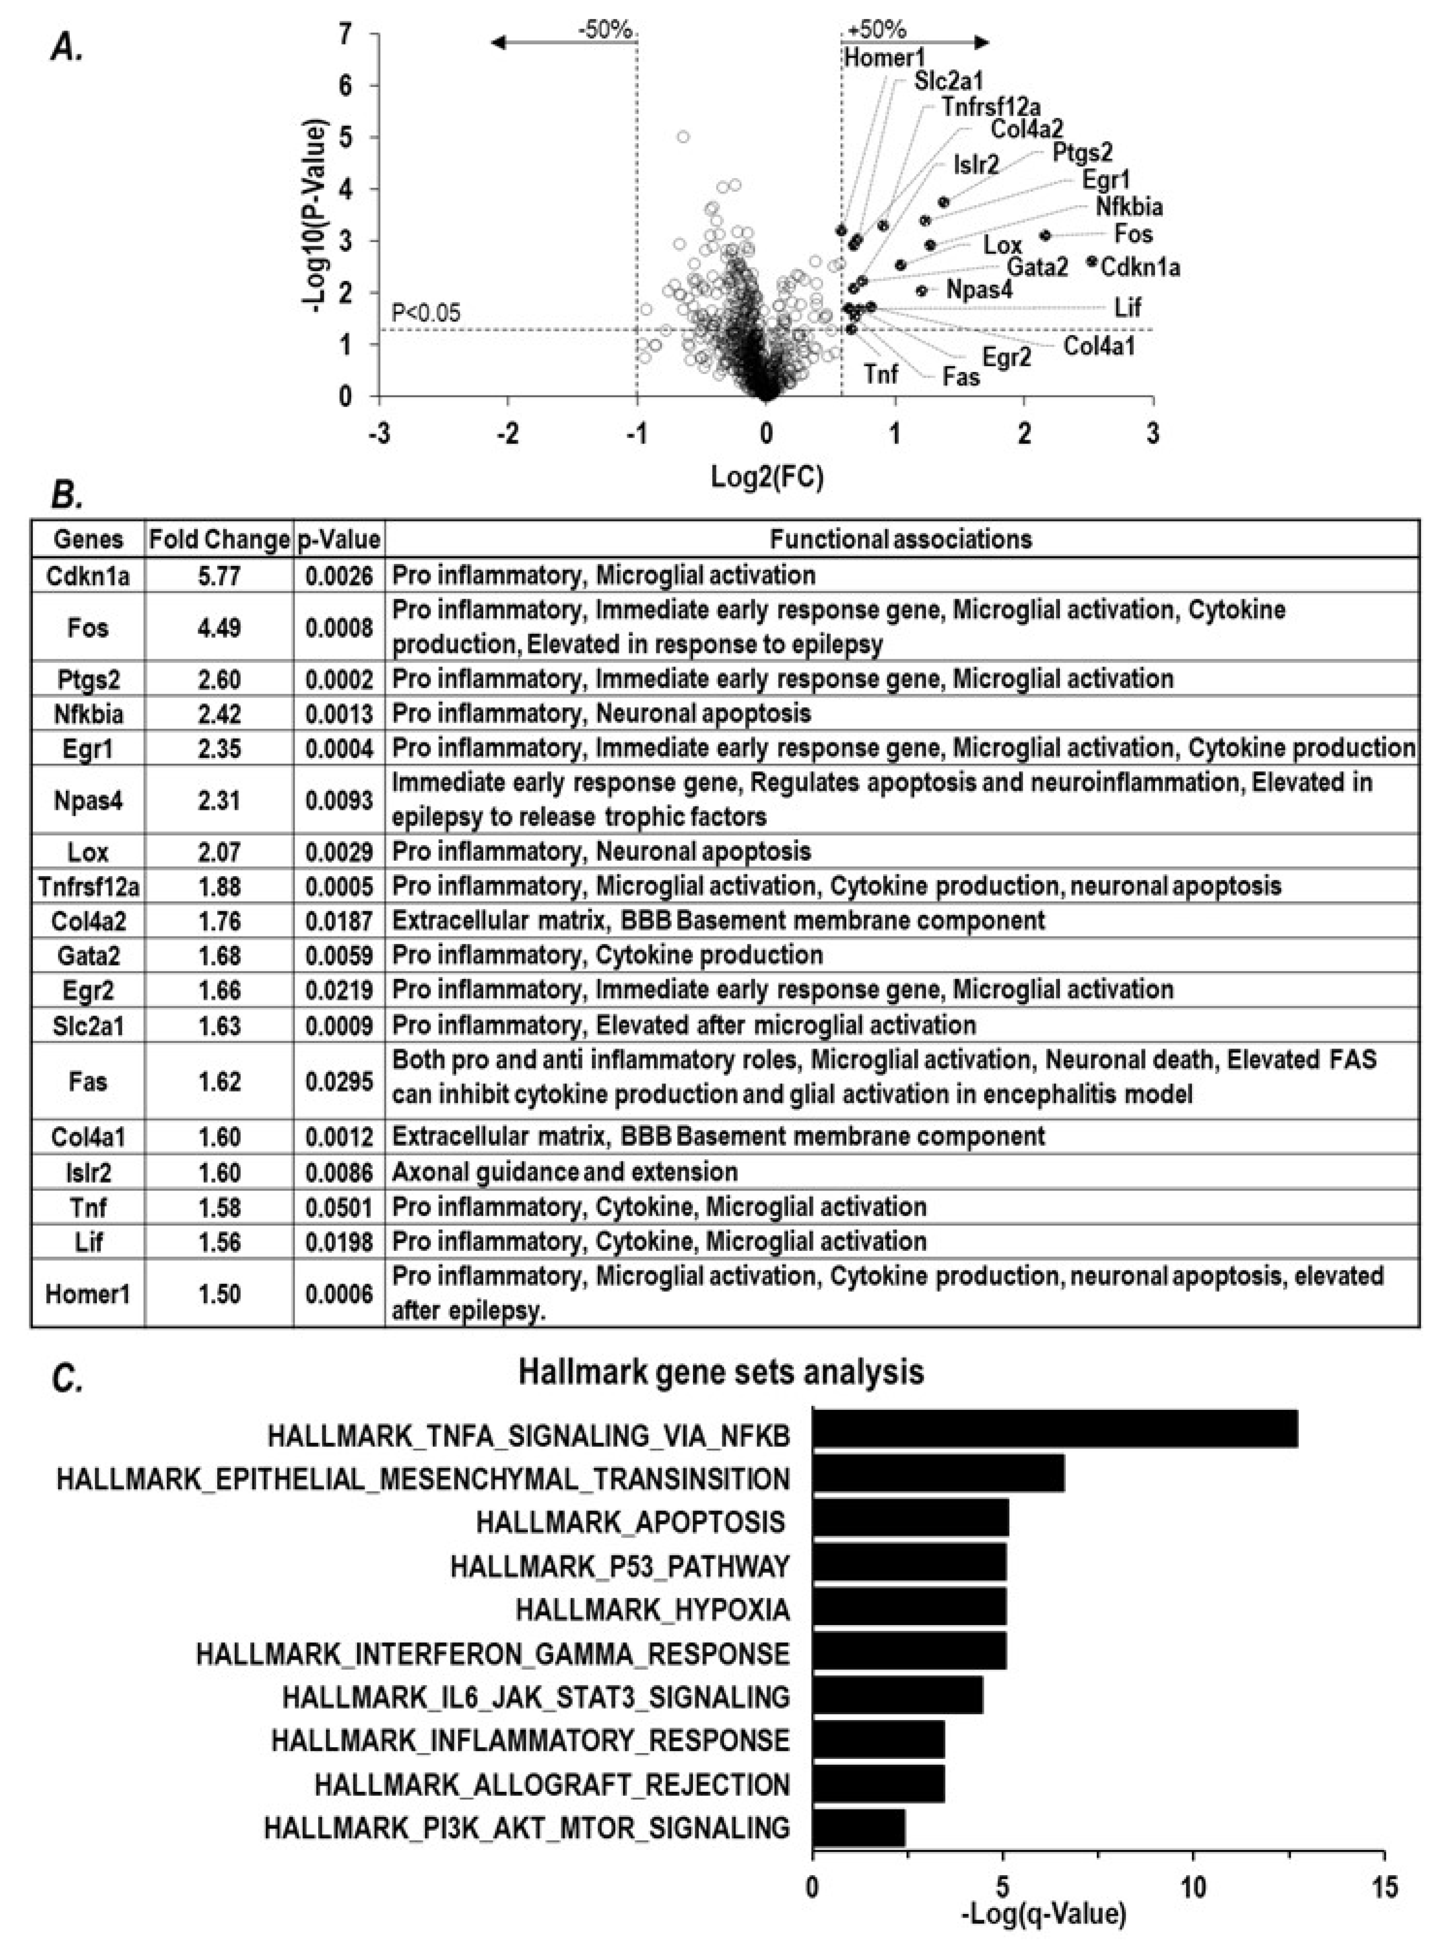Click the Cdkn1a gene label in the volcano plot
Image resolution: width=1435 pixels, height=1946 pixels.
(1141, 267)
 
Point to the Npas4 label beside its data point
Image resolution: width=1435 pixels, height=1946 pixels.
(979, 289)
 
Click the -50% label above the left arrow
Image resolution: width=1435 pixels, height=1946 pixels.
(605, 30)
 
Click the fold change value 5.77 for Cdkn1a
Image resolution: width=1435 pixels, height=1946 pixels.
(219, 575)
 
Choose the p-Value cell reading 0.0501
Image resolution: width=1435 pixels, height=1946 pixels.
(339, 1207)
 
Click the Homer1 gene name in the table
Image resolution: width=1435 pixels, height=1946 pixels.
(88, 1294)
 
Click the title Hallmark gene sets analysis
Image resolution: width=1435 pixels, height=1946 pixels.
(721, 1372)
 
